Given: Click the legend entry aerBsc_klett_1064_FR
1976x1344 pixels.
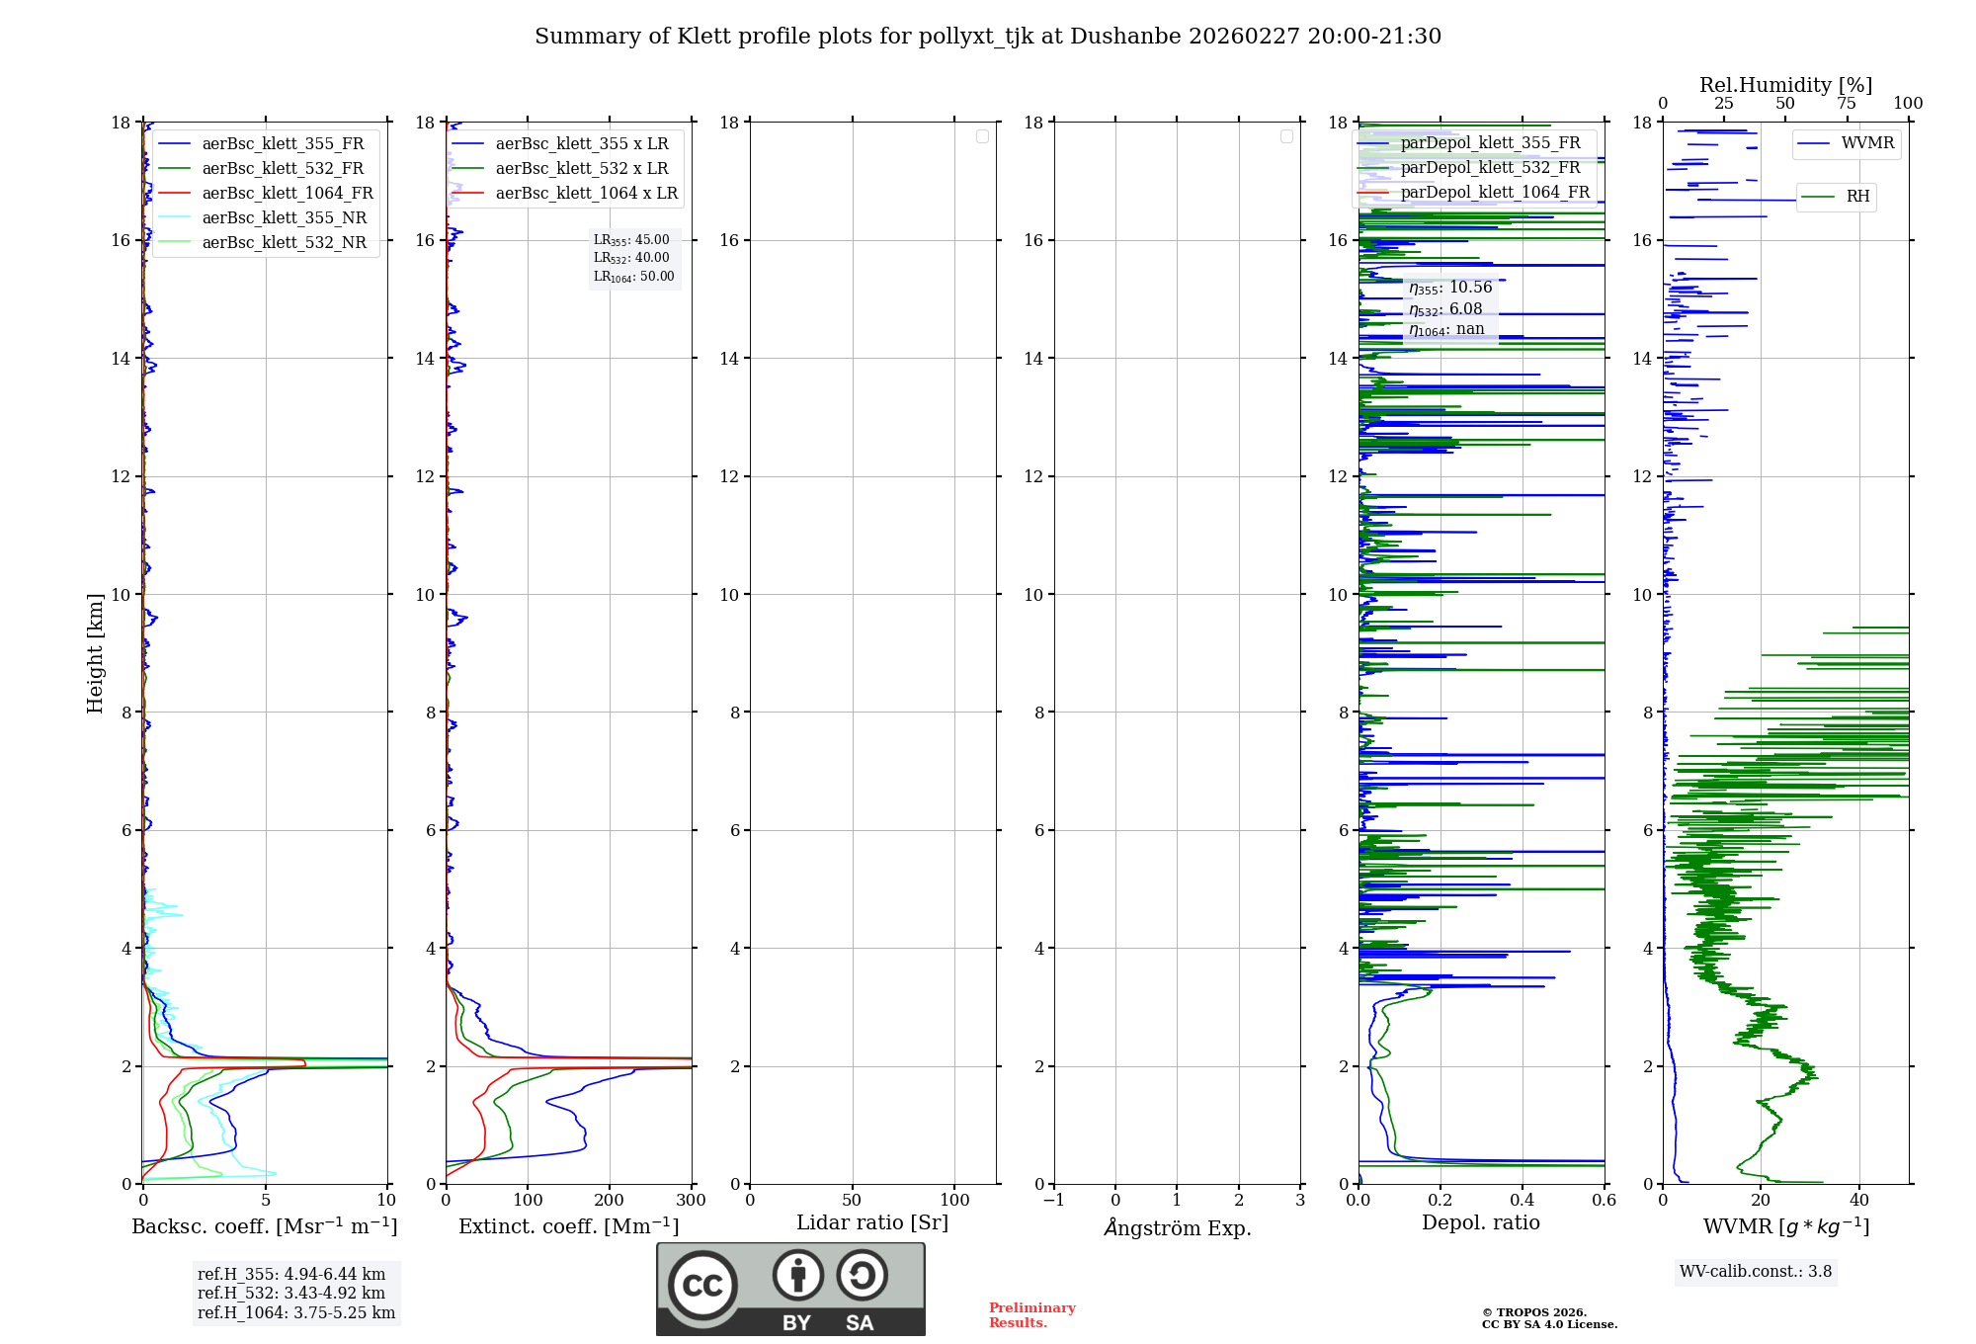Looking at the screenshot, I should pos(287,194).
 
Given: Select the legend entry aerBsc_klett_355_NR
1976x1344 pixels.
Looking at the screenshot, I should pos(284,218).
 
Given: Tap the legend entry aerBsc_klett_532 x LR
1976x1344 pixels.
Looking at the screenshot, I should pos(581,169).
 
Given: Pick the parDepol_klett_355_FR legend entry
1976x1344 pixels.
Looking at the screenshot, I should pos(1490,143).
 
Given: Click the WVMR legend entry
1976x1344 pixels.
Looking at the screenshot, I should pos(1866,143).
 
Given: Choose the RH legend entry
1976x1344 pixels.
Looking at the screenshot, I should pos(1857,197).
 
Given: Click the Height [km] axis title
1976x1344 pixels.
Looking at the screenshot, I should pos(95,653).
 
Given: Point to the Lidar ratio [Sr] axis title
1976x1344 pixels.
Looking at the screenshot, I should pos(872,1223).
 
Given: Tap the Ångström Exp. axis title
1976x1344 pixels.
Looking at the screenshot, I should pos(1177,1228).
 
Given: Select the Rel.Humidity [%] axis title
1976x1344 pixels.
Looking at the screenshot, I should pos(1785,85).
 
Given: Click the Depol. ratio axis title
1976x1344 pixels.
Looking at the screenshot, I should pos(1480,1223).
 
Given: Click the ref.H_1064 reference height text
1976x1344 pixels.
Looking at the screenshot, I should pos(296,1313).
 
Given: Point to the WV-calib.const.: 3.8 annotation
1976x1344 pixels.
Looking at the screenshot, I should pos(1756,1272).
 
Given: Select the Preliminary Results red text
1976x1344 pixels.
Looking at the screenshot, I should pos(1031,1315).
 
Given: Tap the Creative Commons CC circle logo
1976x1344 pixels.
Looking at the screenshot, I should pos(702,1286).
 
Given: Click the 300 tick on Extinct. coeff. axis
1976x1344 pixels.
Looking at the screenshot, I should pos(692,1201).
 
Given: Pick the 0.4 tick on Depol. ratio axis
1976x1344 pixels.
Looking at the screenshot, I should pos(1523,1201).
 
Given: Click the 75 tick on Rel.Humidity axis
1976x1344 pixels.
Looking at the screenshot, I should pos(1846,104).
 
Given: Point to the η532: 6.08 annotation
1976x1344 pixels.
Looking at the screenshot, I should pos(1445,309).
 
